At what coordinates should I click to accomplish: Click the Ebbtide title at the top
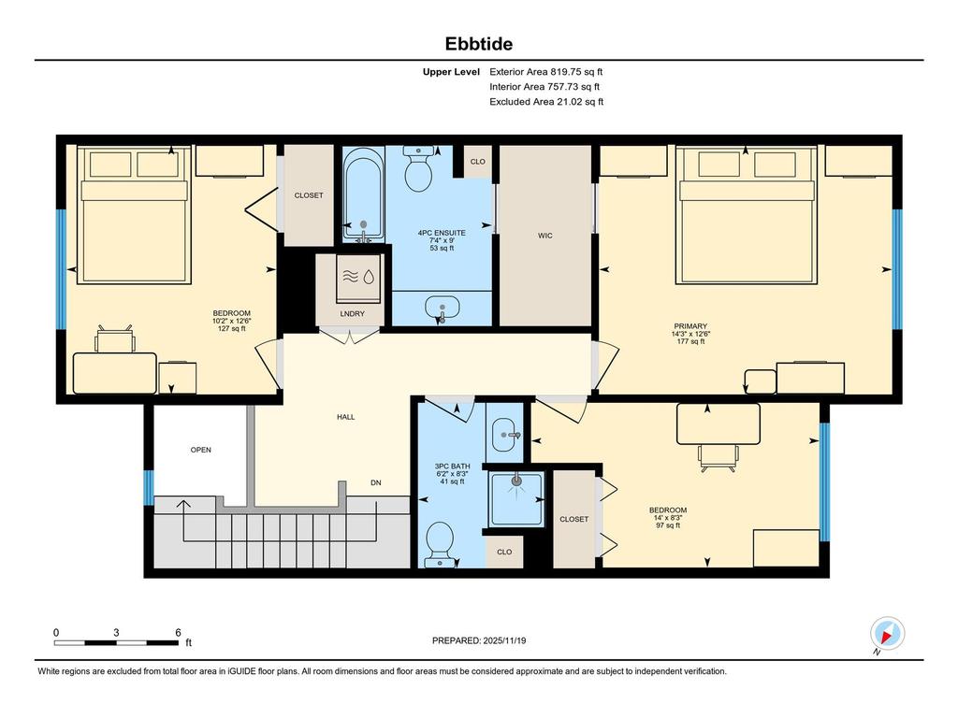(x=478, y=44)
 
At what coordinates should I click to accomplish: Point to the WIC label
(x=544, y=236)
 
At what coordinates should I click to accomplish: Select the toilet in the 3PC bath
(x=438, y=543)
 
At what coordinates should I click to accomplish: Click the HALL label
(x=345, y=417)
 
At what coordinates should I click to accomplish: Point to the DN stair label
(x=375, y=482)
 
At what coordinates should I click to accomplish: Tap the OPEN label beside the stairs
(x=201, y=450)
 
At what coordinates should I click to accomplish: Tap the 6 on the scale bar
(x=178, y=633)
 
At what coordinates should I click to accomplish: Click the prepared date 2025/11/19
(x=486, y=640)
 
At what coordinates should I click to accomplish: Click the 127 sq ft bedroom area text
(x=231, y=328)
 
